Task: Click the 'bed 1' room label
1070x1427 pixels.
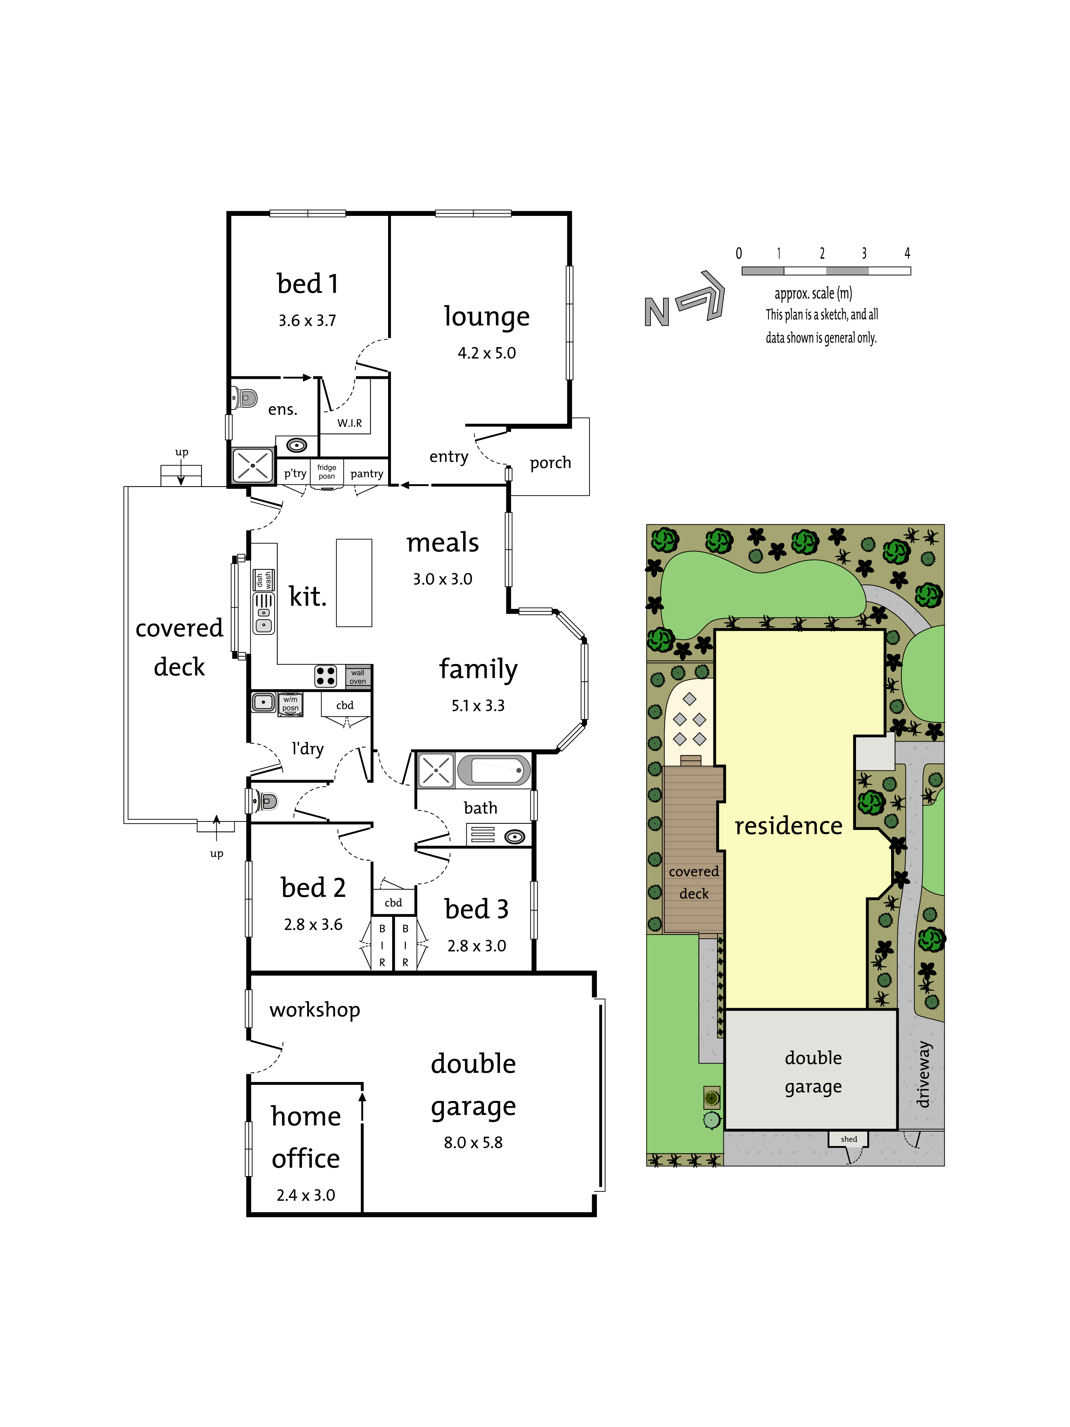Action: [307, 284]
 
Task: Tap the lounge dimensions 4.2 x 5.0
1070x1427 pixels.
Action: [486, 353]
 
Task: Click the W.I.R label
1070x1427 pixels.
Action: [350, 423]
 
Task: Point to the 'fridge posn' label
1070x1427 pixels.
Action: [326, 472]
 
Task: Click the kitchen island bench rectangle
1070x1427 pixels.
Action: [354, 583]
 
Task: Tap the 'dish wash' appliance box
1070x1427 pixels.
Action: [264, 580]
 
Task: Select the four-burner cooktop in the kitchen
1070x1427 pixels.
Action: [326, 676]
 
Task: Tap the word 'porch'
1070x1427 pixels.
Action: [550, 463]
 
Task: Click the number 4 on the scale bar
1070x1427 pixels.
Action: [907, 253]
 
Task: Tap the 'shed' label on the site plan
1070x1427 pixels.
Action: [849, 1139]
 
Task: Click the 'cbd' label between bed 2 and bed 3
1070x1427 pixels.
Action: [393, 902]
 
